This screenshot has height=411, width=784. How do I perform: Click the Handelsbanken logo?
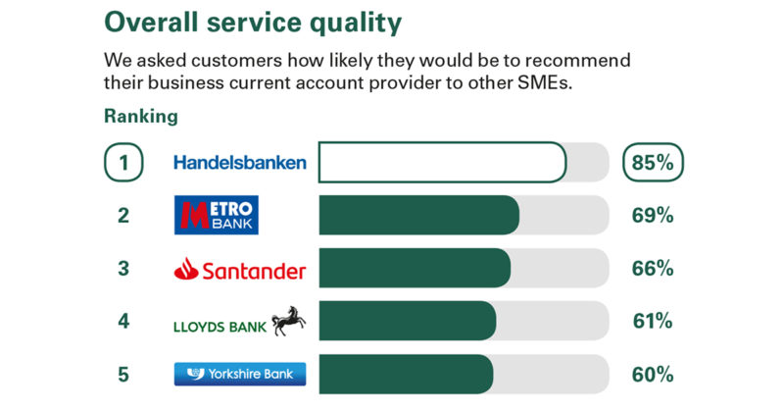point(240,162)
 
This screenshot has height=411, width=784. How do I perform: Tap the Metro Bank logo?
point(217,215)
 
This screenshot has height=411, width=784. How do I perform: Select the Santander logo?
point(240,270)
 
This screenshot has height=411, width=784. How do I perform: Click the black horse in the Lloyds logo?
point(289,321)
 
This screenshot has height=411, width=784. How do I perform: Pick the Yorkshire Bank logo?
point(240,374)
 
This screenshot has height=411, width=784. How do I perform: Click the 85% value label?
point(653,162)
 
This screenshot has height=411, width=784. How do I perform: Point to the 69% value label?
point(653,215)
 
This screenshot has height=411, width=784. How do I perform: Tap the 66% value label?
point(653,269)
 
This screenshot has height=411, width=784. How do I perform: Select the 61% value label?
point(653,321)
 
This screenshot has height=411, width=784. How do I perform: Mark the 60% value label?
point(653,375)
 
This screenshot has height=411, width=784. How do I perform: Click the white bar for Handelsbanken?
point(443,162)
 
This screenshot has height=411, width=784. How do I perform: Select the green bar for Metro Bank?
point(419,215)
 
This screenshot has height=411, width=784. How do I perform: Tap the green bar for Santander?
point(415,268)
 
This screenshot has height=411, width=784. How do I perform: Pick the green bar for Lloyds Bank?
point(408,321)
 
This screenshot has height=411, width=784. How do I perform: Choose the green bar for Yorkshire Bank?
point(406,374)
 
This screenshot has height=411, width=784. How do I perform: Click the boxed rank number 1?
point(123,162)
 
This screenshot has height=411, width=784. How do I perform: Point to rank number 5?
point(123,375)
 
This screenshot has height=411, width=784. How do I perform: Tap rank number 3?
point(123,269)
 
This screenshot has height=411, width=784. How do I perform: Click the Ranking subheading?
point(141,116)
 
